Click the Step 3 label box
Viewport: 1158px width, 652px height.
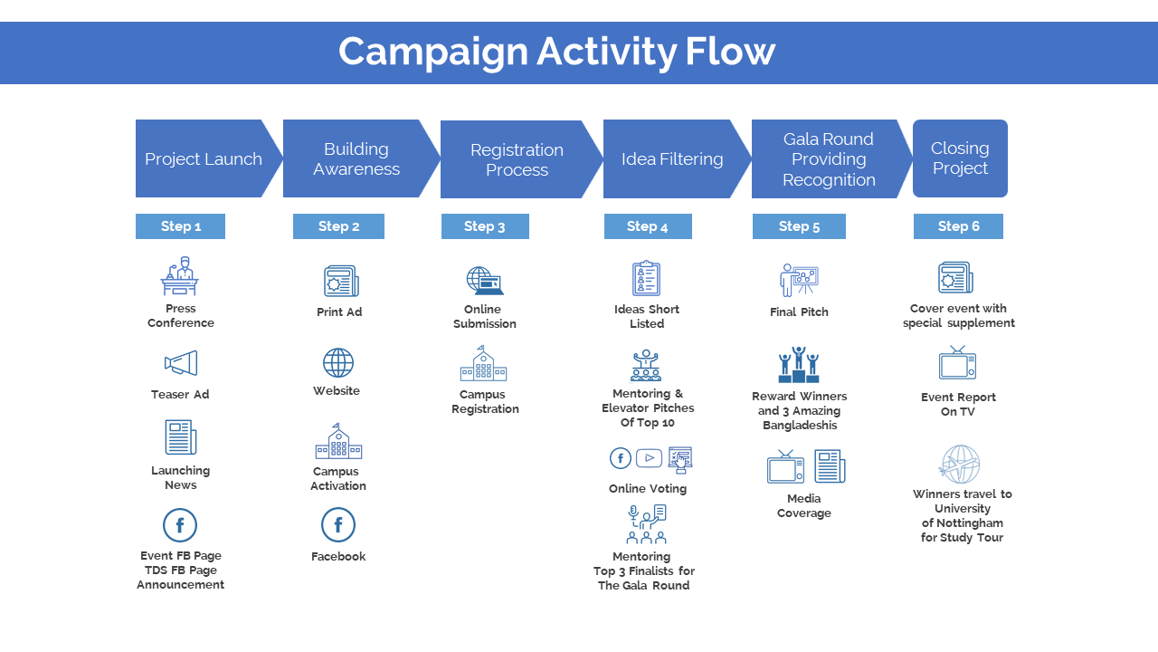pos(485,226)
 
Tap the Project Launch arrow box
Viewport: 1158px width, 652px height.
pos(204,158)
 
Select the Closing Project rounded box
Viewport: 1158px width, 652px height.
pos(960,158)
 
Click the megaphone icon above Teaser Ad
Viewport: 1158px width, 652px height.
pos(181,364)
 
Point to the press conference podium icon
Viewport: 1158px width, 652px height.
pos(180,276)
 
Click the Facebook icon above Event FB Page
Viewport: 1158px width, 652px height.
pos(180,525)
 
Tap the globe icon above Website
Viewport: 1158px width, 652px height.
pos(338,363)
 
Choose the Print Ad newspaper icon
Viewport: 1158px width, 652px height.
pos(341,282)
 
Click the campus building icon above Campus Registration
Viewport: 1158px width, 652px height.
pos(483,364)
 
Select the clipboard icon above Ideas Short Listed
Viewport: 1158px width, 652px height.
pos(646,279)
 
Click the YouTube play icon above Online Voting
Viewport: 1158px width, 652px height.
pos(649,458)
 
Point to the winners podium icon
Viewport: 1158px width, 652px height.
pos(799,365)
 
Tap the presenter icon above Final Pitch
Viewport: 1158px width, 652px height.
pos(799,280)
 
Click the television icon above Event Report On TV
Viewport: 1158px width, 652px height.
pos(957,364)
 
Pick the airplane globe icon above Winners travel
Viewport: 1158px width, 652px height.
pos(960,464)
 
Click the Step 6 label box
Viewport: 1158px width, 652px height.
pos(958,226)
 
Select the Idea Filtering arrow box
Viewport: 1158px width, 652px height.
pos(672,159)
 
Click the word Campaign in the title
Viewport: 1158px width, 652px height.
pos(432,52)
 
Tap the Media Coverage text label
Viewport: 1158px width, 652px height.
pos(803,505)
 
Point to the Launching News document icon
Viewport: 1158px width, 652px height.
pos(181,437)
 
